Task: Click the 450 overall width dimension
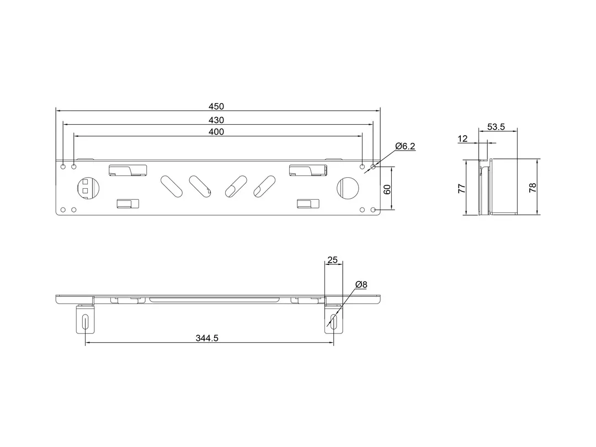pos(216,107)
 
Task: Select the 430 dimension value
pos(216,120)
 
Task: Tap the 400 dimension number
pos(216,131)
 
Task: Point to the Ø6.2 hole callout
pos(405,146)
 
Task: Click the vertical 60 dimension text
pos(387,189)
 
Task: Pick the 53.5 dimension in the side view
pos(496,126)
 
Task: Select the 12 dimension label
pos(462,139)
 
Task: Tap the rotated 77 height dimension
pos(462,188)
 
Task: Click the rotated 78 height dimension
pos(532,188)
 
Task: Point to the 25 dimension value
pos(333,259)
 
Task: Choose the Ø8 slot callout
pos(361,284)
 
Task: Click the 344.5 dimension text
pos(207,338)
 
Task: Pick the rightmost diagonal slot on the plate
pos(264,186)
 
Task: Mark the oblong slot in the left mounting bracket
pos(85,322)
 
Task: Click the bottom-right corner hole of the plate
pos(374,210)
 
